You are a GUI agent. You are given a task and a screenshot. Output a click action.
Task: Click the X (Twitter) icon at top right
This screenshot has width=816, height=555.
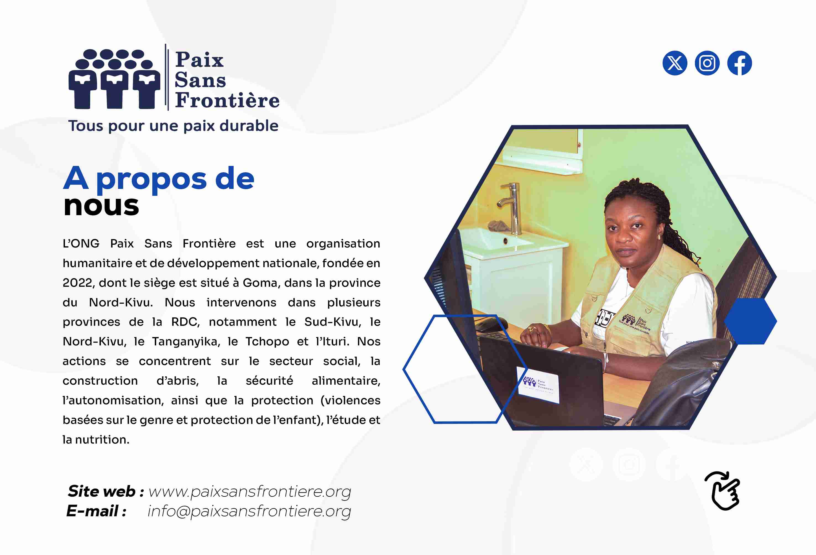[674, 63]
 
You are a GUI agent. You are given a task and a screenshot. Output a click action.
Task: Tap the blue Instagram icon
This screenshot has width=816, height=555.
[707, 63]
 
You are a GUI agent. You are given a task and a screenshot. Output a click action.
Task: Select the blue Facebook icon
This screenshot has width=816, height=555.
[739, 63]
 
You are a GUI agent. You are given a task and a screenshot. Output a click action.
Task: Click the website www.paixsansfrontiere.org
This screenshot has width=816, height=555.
[250, 491]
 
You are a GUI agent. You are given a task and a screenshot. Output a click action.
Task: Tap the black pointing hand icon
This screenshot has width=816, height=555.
[723, 490]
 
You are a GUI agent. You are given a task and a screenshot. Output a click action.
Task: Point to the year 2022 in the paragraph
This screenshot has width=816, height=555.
[78, 283]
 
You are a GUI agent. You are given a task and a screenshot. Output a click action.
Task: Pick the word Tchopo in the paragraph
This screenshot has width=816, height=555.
[267, 342]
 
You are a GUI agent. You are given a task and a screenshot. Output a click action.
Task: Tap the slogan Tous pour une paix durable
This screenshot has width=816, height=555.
[173, 126]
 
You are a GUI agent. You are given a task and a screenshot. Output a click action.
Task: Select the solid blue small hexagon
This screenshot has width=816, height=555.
[750, 321]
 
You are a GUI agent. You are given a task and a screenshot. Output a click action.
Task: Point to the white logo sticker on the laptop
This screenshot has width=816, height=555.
[538, 385]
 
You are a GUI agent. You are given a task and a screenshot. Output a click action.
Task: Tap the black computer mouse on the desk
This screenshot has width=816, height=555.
[491, 325]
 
